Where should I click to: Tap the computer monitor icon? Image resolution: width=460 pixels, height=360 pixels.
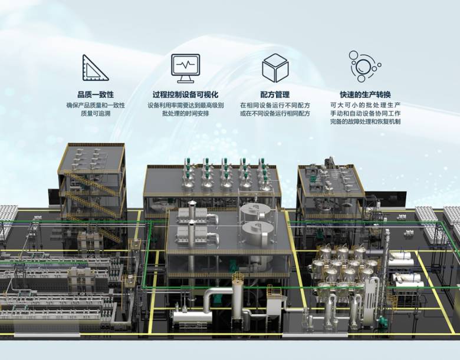[185, 68]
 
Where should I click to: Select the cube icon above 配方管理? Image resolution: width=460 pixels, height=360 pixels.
[275, 68]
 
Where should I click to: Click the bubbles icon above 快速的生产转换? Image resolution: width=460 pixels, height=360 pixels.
[364, 66]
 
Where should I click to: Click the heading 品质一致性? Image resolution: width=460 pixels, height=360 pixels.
[96, 95]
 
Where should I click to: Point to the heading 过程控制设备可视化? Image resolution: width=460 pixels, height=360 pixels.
[185, 95]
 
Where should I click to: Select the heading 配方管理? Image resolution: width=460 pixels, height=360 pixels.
[275, 95]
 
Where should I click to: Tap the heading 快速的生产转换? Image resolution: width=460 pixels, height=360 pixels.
[365, 95]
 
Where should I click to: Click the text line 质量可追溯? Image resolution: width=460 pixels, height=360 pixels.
[96, 114]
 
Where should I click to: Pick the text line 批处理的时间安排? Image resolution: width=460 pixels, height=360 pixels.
[185, 114]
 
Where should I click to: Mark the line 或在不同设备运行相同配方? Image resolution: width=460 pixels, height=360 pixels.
[275, 114]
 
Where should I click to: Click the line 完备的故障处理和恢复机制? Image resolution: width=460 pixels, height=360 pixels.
[365, 121]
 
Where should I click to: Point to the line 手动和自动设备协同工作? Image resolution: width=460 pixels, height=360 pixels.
[365, 114]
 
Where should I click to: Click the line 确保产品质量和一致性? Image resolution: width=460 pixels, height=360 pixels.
[96, 105]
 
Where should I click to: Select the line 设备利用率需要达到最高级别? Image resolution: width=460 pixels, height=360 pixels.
[185, 105]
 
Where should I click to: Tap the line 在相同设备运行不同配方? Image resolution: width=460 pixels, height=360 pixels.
[275, 105]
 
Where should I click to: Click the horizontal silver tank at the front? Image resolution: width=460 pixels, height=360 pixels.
[192, 317]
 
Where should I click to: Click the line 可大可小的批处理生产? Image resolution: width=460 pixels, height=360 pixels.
[365, 105]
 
